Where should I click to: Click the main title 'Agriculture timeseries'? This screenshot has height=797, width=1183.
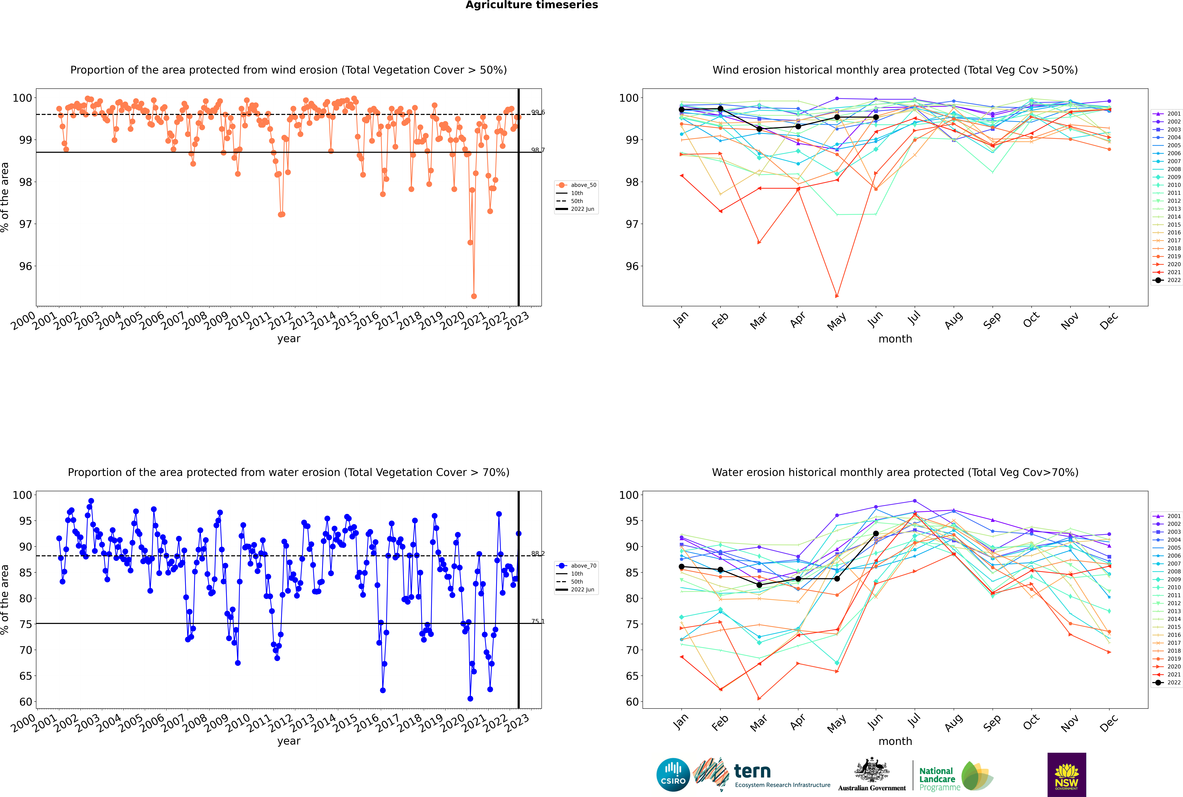(531, 5)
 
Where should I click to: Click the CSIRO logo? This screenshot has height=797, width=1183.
(673, 775)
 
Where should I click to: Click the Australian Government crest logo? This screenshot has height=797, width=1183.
(872, 775)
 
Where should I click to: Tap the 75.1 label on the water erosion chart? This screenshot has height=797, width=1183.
(538, 621)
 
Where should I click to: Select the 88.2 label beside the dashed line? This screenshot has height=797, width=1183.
(538, 554)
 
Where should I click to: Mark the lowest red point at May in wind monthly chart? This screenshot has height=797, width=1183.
(837, 296)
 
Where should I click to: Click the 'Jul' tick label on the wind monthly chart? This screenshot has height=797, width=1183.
(914, 318)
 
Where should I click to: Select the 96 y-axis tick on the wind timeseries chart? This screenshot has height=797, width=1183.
(25, 266)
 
